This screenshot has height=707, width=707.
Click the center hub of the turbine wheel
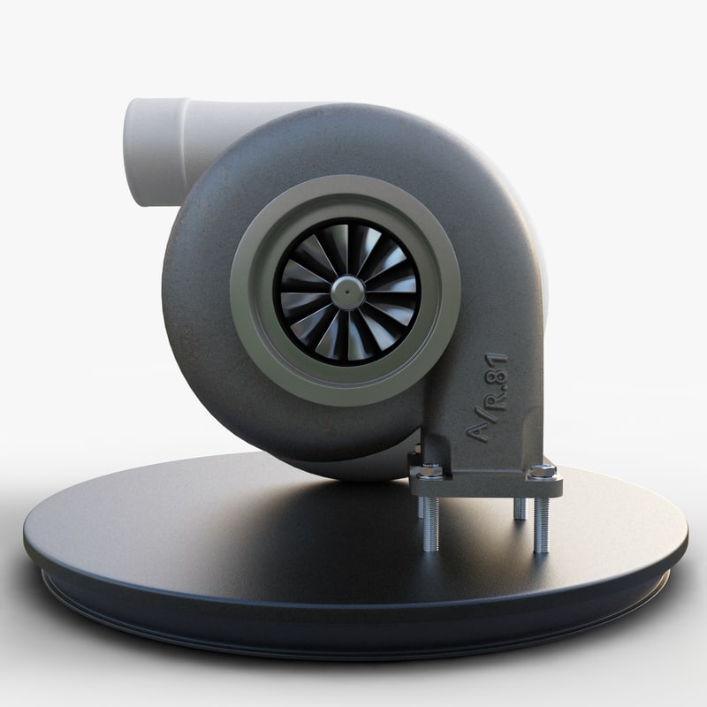346,292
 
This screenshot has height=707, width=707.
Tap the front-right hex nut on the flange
543,471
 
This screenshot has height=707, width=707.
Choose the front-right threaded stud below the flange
542,525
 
